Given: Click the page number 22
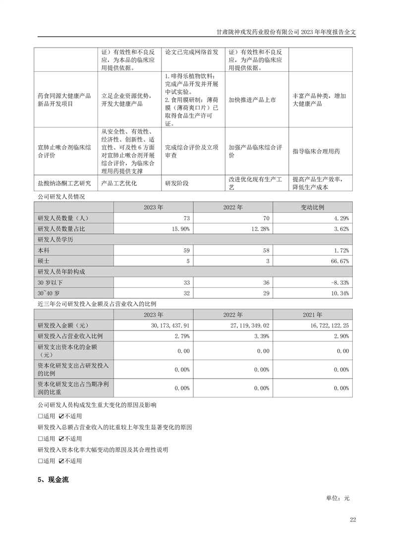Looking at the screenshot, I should pos(352,519).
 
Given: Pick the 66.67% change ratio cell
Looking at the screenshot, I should pos(339,260).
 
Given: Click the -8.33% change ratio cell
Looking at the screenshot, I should pos(339,282).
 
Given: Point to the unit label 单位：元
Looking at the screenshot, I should pos(337,498).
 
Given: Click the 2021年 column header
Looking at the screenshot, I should pos(313,314).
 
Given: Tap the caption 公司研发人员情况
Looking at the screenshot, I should pos(61,197).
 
